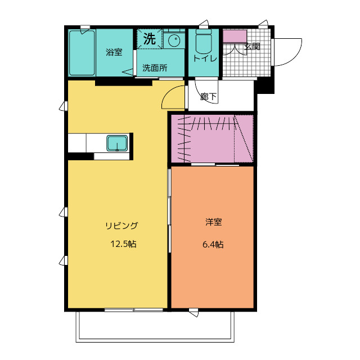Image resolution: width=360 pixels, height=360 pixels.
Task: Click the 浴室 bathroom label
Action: coord(114,52)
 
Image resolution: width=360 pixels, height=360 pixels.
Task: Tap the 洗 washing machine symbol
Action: coord(149,39)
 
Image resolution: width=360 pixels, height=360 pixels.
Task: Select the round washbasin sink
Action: coord(174,40)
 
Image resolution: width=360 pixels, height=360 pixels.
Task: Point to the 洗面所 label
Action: coord(154,68)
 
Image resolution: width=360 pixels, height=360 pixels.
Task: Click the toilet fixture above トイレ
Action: coord(202,42)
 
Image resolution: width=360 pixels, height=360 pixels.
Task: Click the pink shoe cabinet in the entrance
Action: coord(235,36)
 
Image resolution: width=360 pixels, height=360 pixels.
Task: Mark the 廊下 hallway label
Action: coord(208,97)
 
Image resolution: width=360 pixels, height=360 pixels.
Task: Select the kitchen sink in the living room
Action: coord(117,143)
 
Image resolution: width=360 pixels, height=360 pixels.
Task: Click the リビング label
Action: coord(121,226)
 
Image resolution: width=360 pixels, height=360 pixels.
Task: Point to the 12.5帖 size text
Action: coord(122,244)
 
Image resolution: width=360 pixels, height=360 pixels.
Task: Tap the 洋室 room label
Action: coord(213,222)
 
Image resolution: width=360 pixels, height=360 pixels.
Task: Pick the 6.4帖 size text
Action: coord(213,244)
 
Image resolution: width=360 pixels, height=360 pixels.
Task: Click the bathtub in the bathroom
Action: coord(82,52)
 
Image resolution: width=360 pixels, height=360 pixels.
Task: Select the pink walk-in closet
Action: coord(213,139)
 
